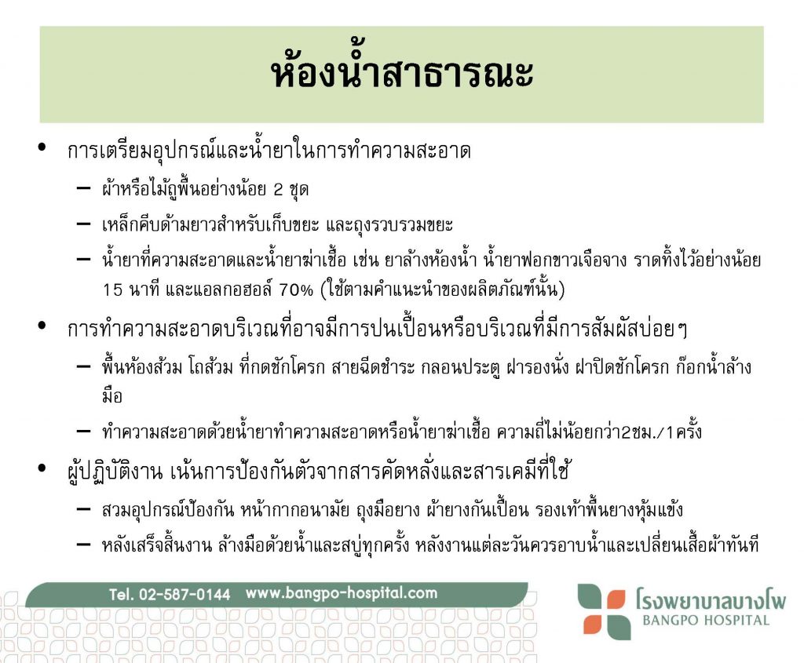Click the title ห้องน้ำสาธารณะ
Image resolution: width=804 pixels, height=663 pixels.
click(x=402, y=71)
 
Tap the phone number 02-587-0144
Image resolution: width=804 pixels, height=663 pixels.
click(x=185, y=594)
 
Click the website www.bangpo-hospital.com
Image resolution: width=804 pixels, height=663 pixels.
click(x=342, y=593)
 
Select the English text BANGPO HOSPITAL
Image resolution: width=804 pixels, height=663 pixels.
click(x=706, y=621)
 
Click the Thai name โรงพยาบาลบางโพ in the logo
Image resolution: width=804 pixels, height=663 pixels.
click(x=711, y=599)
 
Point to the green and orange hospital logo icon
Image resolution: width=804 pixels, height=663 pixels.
click(x=604, y=611)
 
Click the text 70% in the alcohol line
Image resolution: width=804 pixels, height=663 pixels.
click(x=296, y=290)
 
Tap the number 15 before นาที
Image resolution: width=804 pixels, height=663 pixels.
click(x=113, y=290)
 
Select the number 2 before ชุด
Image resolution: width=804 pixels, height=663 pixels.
click(x=278, y=190)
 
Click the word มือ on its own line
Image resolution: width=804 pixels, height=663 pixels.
click(x=111, y=396)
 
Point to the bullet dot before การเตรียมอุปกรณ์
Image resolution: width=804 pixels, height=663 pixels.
click(x=42, y=148)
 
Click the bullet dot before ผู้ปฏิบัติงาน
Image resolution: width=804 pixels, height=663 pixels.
click(x=42, y=468)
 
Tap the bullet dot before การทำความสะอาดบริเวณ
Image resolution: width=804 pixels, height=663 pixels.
click(x=42, y=326)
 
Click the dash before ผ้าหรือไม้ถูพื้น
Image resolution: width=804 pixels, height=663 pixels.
click(x=83, y=188)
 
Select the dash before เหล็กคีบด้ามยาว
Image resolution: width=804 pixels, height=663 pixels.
click(x=83, y=224)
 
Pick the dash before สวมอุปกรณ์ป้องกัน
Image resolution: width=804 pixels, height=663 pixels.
click(x=83, y=508)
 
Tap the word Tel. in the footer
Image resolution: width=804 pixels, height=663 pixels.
click(x=121, y=594)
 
